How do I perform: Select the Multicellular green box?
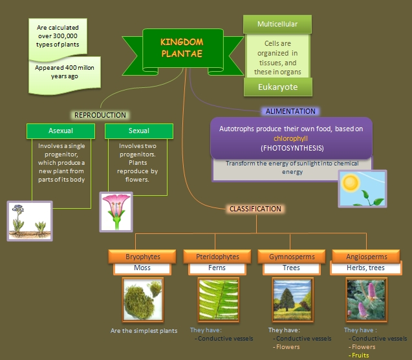277,25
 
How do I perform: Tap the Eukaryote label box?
277,87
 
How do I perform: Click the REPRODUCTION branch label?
100,115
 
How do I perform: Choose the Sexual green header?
138,131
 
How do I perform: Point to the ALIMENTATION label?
290,111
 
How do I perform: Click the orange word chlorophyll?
291,138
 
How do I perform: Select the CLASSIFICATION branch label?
255,209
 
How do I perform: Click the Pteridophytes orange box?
217,257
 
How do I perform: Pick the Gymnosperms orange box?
291,257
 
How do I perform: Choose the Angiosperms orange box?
365,257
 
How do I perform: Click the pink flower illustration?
116,211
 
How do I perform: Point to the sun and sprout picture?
362,189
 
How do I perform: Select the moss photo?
142,300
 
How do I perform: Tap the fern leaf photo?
217,300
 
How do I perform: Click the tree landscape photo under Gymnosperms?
291,300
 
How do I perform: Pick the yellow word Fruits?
360,355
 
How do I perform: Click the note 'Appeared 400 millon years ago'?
64,71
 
